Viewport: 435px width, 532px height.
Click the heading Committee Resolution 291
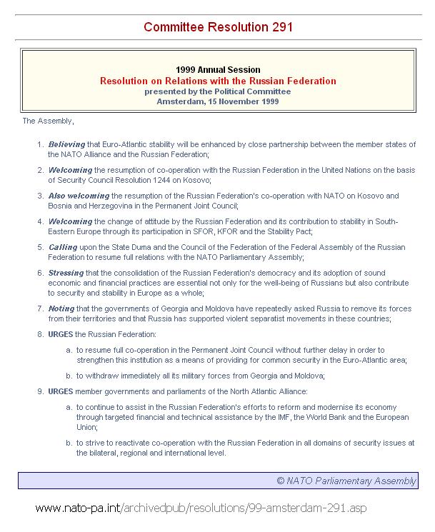[218, 27]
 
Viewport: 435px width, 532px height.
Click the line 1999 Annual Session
[218, 70]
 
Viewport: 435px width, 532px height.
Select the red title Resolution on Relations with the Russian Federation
[218, 81]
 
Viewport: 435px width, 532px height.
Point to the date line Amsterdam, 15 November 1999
[218, 101]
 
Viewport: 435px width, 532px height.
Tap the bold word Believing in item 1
[66, 144]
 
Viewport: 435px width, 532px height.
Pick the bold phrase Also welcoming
[79, 196]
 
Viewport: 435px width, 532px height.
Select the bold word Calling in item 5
[63, 247]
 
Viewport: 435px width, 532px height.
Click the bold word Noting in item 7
[61, 308]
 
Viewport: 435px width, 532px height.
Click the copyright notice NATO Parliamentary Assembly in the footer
[346, 481]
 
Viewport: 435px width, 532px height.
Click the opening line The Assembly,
[48, 121]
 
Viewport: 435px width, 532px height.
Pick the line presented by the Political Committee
[218, 91]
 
